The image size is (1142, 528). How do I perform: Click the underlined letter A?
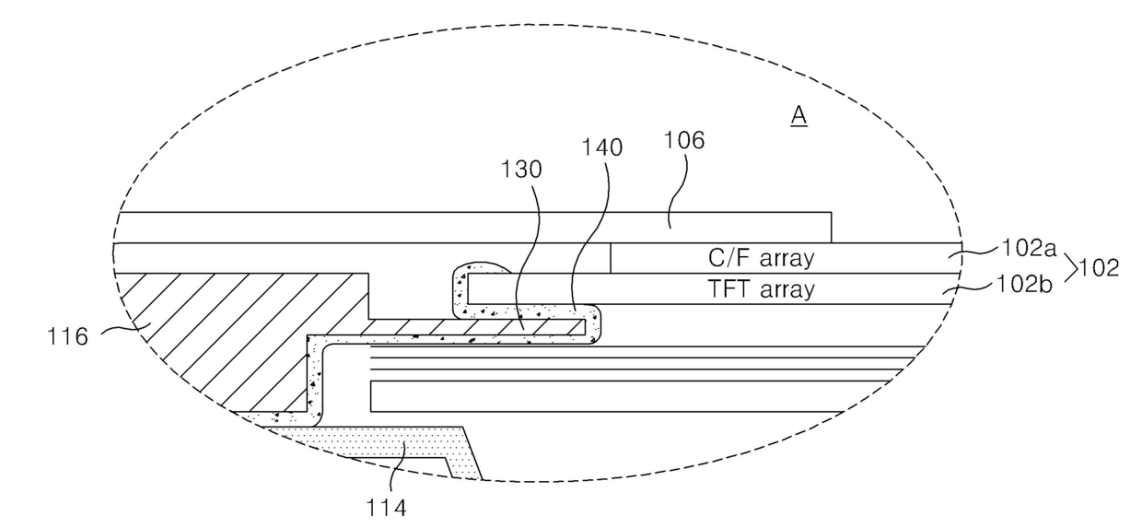(798, 116)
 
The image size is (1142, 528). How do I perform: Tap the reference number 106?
(684, 140)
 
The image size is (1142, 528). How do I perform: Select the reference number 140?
(602, 147)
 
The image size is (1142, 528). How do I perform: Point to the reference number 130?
(521, 170)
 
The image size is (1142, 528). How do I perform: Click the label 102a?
(1029, 248)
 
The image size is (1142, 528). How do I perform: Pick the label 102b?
(1024, 285)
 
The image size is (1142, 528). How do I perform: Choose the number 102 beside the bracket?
(1100, 268)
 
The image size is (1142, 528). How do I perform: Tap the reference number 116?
(67, 336)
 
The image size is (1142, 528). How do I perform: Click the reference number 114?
(387, 508)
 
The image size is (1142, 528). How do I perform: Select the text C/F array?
(761, 258)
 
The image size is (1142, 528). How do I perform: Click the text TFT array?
(761, 289)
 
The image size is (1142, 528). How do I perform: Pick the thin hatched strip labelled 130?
(479, 327)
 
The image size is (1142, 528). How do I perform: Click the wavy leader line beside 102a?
(973, 251)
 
